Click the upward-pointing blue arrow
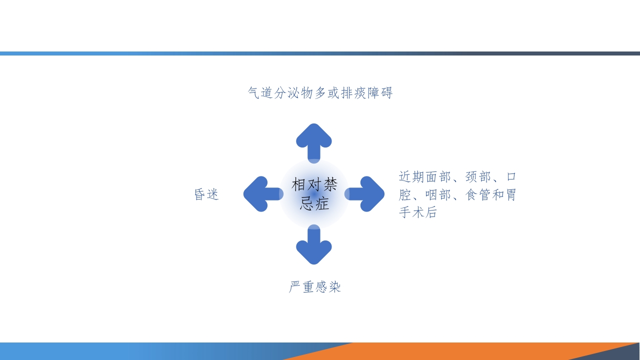(x=314, y=140)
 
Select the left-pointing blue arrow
(x=260, y=193)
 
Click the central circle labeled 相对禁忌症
(x=314, y=194)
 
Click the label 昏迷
(x=206, y=194)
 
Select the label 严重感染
(x=314, y=287)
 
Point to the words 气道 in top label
(x=260, y=93)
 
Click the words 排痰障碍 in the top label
(x=366, y=93)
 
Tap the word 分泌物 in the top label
(x=293, y=93)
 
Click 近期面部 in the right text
(x=425, y=177)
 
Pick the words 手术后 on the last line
(x=418, y=212)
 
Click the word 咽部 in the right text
(x=438, y=194)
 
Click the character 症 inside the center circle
(x=322, y=203)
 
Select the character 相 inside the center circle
(x=299, y=184)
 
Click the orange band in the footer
(x=450, y=351)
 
